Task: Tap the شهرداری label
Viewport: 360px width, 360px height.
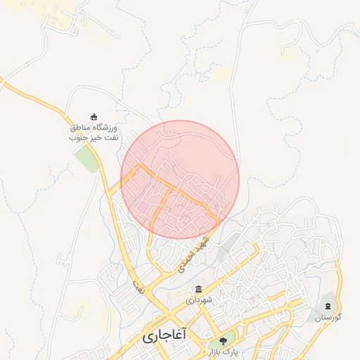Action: [199, 300]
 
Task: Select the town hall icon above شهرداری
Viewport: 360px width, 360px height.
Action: [199, 289]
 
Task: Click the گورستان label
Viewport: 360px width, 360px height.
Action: [328, 318]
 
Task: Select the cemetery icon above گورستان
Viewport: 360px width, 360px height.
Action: [328, 307]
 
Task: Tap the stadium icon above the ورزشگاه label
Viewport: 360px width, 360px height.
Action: [94, 117]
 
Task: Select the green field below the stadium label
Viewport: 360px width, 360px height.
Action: [87, 160]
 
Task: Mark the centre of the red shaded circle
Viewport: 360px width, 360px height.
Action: [180, 179]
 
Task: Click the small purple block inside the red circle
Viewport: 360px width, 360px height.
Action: [143, 208]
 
